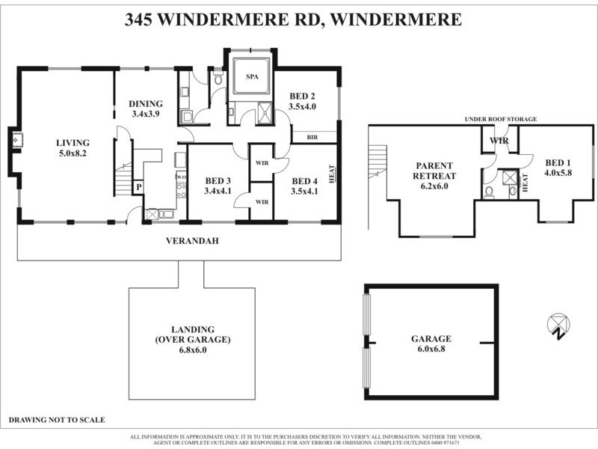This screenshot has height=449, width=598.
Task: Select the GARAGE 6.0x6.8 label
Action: point(431,343)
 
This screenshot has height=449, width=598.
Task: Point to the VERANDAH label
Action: point(187,241)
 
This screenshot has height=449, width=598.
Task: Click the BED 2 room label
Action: point(303,101)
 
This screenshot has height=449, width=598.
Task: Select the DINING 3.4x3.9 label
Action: point(147,109)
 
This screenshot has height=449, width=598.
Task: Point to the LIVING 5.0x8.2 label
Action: point(73,147)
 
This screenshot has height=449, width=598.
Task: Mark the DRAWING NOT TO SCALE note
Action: point(57,420)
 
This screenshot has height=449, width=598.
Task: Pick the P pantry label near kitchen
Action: point(138,186)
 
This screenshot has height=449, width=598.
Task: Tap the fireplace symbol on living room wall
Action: point(16,138)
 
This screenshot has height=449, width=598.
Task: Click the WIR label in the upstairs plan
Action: point(499,140)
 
